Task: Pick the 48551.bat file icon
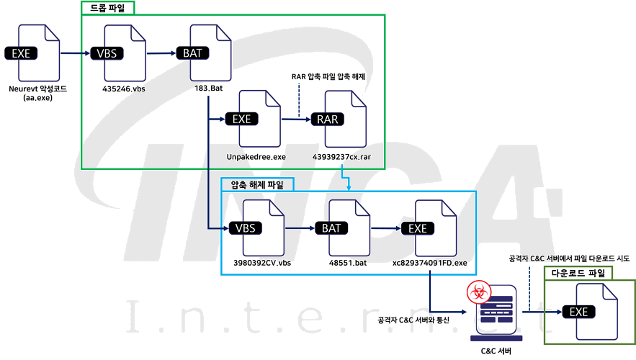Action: pos(344,228)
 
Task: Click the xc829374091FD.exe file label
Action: pos(430,264)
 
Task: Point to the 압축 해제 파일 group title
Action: pos(257,185)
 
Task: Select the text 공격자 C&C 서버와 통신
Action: pos(413,319)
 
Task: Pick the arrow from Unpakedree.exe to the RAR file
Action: pos(292,120)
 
